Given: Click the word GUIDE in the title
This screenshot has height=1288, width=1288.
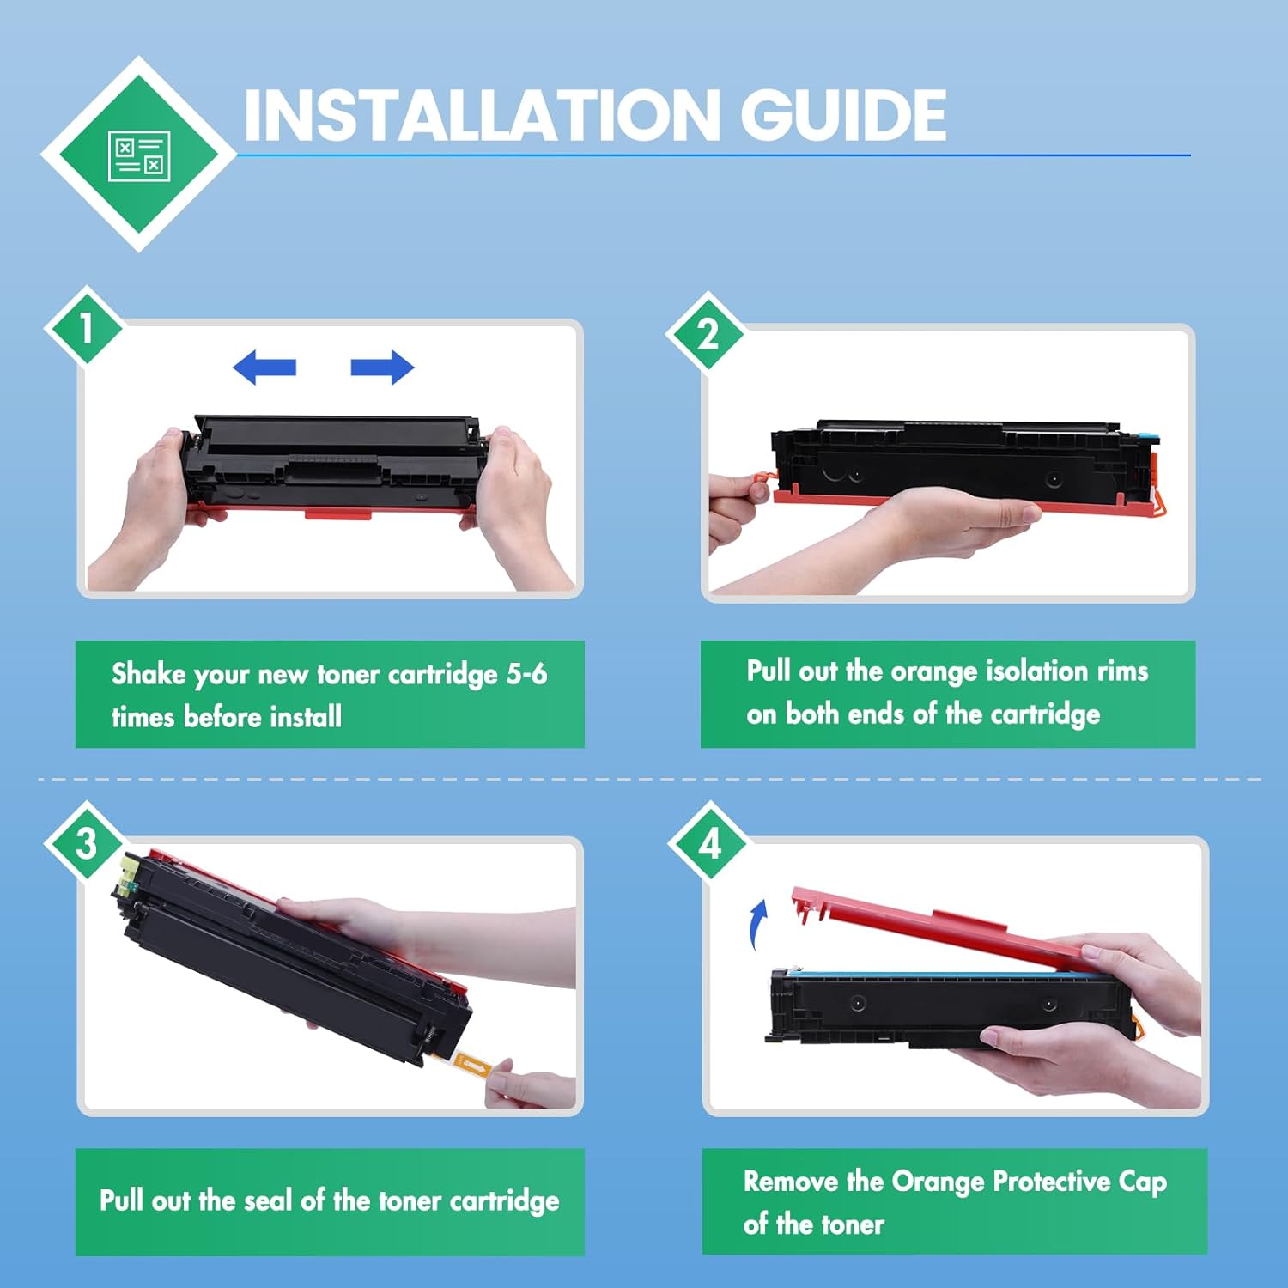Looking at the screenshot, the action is pos(843,116).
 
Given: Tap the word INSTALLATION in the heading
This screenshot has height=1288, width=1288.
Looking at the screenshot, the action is pos(482,116).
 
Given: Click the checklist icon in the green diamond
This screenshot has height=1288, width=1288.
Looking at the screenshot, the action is pos(139,156).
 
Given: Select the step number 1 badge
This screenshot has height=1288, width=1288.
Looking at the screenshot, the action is pos(86,327).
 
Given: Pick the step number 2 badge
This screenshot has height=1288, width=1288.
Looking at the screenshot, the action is pos(708,333).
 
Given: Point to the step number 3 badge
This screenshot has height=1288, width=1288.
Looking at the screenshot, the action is pos(86,842).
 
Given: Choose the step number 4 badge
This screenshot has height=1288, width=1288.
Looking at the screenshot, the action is pos(710,842).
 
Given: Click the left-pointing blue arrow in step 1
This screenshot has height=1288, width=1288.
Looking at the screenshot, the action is pos(264,368).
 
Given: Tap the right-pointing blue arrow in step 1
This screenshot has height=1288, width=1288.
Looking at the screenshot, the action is pos(382,368).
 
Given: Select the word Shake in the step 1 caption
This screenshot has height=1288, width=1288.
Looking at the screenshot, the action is pos(149,674).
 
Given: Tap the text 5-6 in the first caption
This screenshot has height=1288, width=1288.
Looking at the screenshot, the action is pos(526,674).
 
